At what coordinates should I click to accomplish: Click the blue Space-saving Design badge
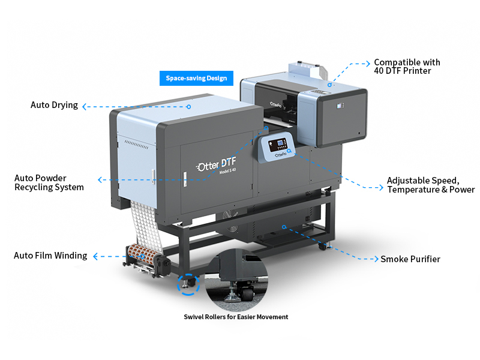[x=196, y=79]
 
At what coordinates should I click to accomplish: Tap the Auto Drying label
[x=54, y=105]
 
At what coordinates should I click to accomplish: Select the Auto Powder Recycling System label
[x=49, y=183]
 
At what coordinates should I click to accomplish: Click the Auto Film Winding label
[x=50, y=256]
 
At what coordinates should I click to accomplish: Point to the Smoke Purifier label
[x=410, y=259]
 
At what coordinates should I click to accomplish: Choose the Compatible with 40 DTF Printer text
[x=407, y=67]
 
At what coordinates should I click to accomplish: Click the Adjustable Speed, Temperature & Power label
[x=431, y=185]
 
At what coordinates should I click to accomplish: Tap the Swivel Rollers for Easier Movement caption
[x=236, y=317]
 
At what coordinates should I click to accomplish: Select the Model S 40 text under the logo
[x=228, y=171]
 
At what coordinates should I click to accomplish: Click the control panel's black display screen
[x=278, y=145]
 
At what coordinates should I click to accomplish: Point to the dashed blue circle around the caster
[x=188, y=284]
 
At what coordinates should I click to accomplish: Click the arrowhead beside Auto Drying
[x=84, y=107]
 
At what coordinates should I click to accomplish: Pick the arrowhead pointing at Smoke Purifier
[x=376, y=259]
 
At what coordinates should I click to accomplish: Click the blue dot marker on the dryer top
[x=189, y=107]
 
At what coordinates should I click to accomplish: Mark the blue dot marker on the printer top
[x=329, y=85]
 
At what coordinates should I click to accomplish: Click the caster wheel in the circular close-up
[x=247, y=295]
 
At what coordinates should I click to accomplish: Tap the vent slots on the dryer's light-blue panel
[x=136, y=145]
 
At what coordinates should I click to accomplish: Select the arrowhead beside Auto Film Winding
[x=95, y=257]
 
